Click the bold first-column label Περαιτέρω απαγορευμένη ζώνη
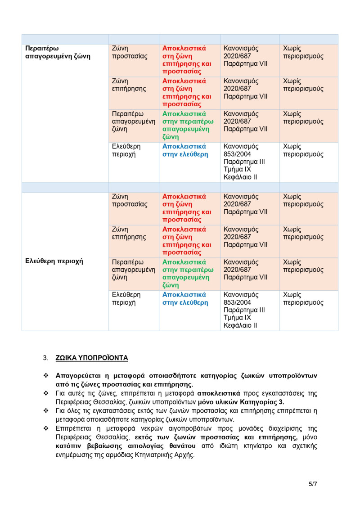tap(58, 52)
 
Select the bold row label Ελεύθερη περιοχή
tap(54, 261)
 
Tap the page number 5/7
tap(313, 484)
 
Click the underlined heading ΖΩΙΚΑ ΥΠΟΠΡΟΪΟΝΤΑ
tap(91, 358)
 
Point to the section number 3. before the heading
tap(45, 358)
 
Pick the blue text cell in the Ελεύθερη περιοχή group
tap(185, 299)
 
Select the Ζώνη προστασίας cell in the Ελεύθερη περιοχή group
tap(130, 200)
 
